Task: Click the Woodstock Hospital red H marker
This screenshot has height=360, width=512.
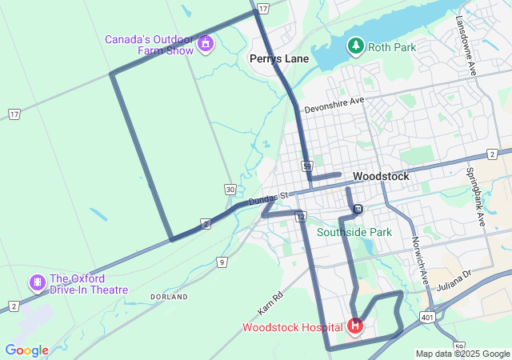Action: [x=355, y=326]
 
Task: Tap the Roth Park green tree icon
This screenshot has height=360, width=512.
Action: [x=355, y=47]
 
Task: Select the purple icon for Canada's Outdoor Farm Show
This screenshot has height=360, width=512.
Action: [x=206, y=42]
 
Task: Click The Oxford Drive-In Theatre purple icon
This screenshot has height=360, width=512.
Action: [x=37, y=282]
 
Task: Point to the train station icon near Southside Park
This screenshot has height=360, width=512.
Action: [x=358, y=210]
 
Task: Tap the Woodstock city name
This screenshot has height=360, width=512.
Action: [x=381, y=176]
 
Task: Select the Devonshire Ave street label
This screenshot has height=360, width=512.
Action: [x=334, y=102]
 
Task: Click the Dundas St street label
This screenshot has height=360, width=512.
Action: [x=267, y=198]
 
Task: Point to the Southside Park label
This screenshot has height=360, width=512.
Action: [x=354, y=232]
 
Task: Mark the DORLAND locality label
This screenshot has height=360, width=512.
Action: [x=169, y=297]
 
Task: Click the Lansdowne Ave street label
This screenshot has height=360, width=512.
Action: [x=466, y=46]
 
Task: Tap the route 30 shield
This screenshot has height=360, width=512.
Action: [x=230, y=190]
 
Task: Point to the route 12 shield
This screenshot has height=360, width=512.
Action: [x=301, y=217]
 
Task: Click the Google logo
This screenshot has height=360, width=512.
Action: [x=26, y=350]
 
